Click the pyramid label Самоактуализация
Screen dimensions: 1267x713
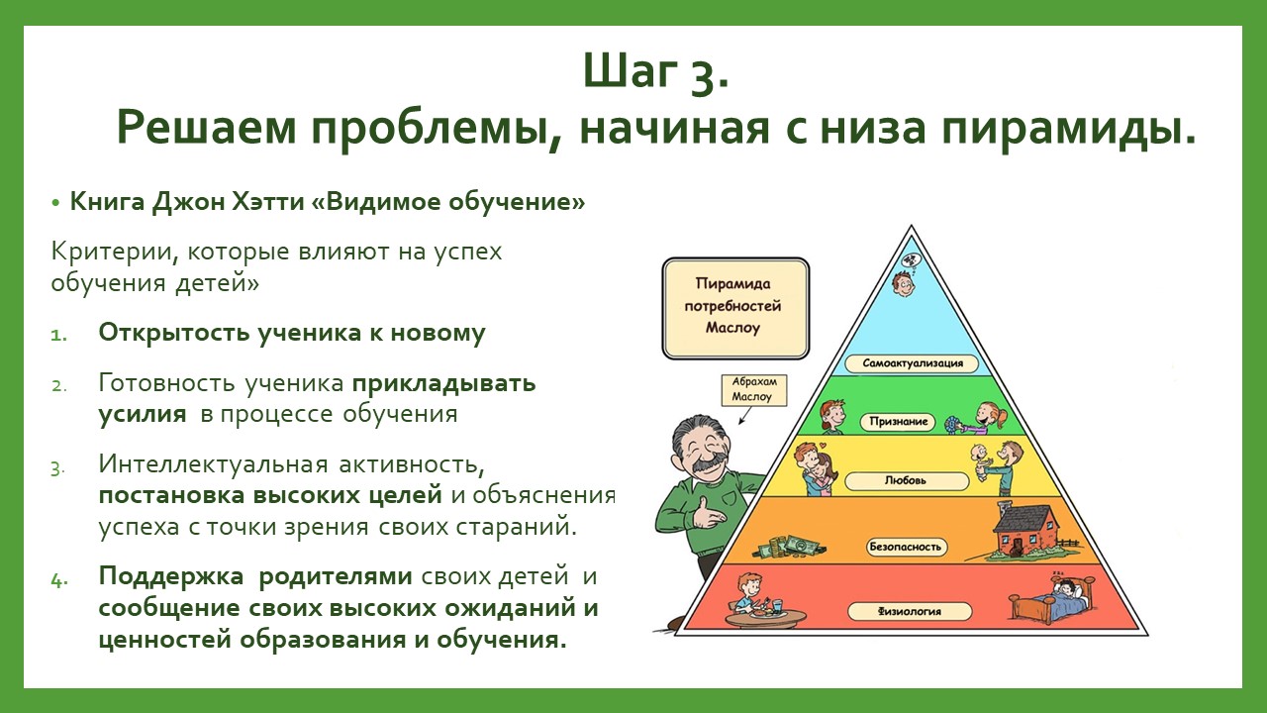point(912,363)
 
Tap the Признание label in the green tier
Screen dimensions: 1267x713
point(898,422)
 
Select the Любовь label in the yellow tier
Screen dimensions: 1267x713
point(906,481)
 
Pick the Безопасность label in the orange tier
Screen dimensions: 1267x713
point(907,548)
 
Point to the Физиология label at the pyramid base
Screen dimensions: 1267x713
point(910,611)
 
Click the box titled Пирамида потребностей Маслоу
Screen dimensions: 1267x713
point(735,308)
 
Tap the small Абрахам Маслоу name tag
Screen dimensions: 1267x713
point(754,390)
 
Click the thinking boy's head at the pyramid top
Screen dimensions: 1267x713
point(904,283)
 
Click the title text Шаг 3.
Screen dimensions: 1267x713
point(656,72)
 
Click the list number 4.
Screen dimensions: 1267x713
point(58,580)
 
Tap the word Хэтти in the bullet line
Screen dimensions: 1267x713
point(267,202)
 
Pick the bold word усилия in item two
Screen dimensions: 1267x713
point(143,414)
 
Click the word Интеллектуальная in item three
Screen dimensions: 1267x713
point(213,464)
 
